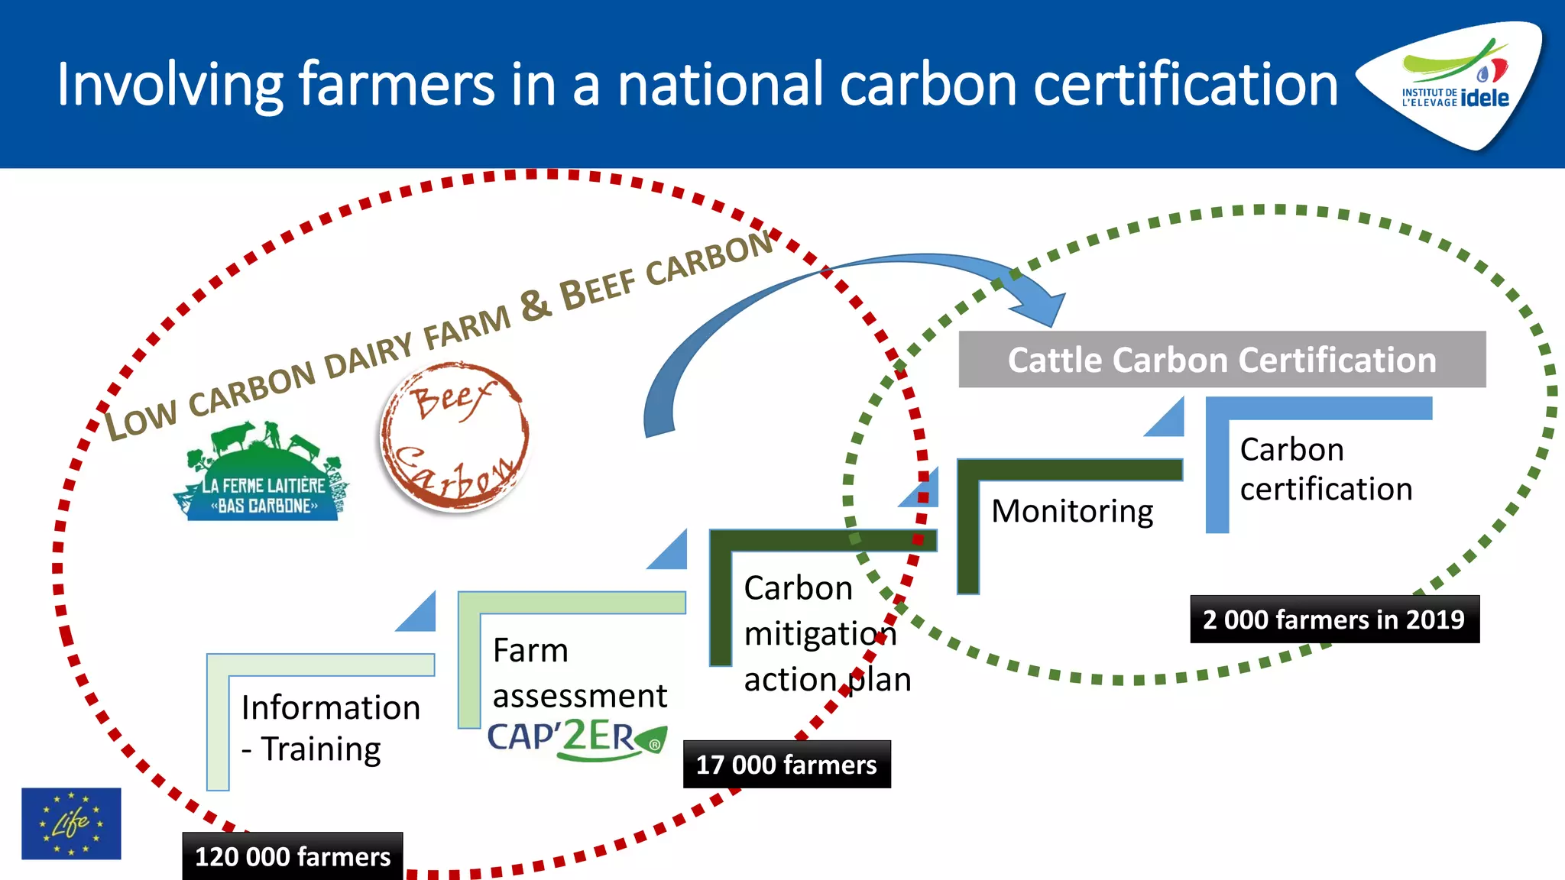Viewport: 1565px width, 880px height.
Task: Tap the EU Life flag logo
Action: (x=71, y=823)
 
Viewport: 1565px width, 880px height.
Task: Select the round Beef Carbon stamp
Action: (x=455, y=437)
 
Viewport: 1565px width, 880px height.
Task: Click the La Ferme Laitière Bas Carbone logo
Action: (x=262, y=474)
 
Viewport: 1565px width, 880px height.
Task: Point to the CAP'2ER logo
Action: (x=577, y=739)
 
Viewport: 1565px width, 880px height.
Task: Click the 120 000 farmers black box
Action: (x=293, y=856)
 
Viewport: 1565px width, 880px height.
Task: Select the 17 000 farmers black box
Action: (x=786, y=764)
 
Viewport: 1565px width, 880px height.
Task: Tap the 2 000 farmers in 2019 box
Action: (x=1333, y=619)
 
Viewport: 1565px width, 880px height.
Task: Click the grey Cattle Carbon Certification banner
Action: (x=1221, y=360)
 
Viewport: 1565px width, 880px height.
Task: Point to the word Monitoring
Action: (x=1072, y=511)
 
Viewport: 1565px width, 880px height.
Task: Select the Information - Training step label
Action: (x=330, y=728)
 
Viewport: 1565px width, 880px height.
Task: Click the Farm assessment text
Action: (x=579, y=673)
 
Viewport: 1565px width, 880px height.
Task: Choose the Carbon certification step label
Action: (x=1326, y=469)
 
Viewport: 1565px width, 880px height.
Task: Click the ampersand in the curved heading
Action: (x=536, y=305)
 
